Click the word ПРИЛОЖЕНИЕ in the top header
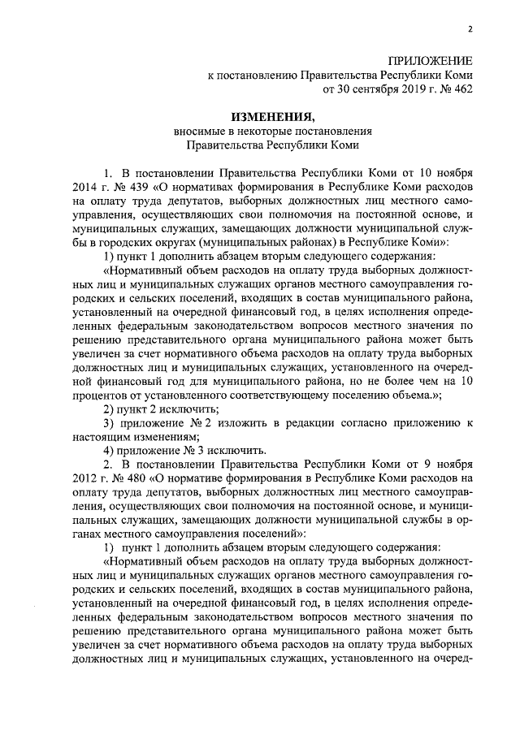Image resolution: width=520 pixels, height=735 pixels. (429, 61)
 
